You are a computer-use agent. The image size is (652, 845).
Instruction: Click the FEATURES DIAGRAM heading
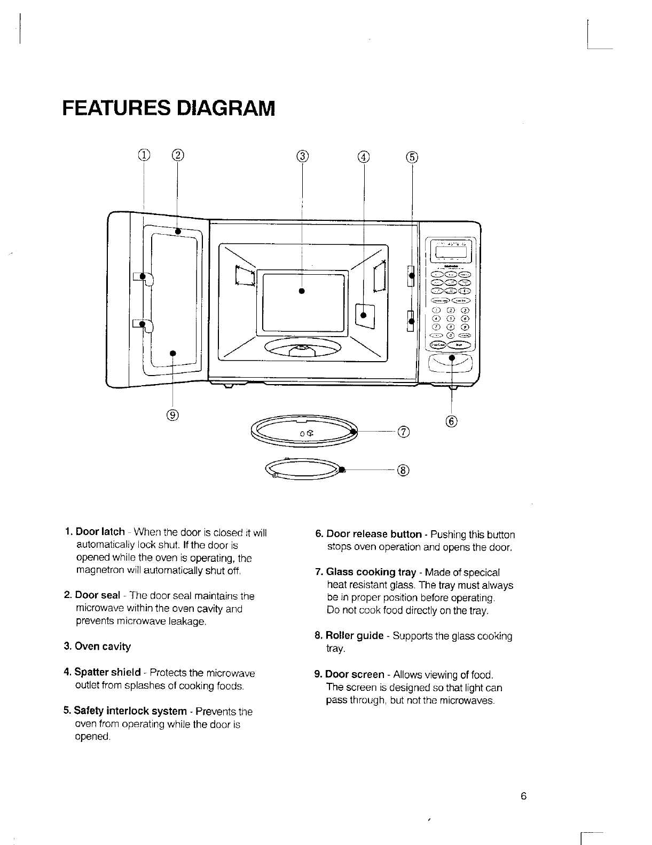(x=168, y=108)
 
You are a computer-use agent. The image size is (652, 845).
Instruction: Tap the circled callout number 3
(x=302, y=156)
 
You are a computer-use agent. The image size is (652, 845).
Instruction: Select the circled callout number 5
(x=412, y=156)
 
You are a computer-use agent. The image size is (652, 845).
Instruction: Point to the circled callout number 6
(x=451, y=421)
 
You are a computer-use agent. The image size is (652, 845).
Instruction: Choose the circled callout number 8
(x=404, y=470)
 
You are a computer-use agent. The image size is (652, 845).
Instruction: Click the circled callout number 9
(x=173, y=414)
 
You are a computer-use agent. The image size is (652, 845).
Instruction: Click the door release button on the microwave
(x=452, y=363)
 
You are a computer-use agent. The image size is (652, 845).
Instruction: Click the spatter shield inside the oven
(x=365, y=314)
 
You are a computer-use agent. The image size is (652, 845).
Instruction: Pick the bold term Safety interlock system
(x=130, y=711)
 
